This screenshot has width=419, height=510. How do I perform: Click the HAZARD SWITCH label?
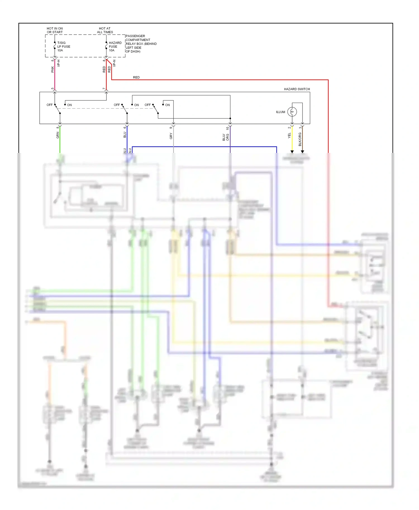[x=297, y=89]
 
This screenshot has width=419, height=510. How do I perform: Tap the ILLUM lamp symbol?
[x=292, y=112]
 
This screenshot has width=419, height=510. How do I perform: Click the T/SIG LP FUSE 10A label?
[x=64, y=47]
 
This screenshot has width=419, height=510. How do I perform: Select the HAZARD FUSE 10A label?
[x=115, y=47]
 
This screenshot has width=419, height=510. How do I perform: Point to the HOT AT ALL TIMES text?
[x=105, y=30]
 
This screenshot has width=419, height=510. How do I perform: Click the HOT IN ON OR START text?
[x=55, y=30]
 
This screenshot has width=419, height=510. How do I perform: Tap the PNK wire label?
[x=53, y=69]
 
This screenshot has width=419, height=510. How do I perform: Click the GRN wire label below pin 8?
[x=58, y=135]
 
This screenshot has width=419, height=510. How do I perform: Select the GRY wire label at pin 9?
[x=171, y=136]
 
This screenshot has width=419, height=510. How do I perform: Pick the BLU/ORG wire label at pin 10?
[x=225, y=137]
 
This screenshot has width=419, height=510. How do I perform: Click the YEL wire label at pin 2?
[x=289, y=136]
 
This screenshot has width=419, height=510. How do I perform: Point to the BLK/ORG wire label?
[x=300, y=139]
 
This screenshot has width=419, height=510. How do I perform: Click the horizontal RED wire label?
[x=136, y=77]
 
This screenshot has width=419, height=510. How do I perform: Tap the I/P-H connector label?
[x=59, y=63]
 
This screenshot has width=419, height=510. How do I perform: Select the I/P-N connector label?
[x=114, y=63]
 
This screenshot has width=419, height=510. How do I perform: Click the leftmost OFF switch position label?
[x=49, y=105]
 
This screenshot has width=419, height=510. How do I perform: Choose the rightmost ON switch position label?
[x=167, y=105]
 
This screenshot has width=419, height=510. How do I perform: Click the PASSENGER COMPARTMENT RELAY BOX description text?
[x=141, y=44]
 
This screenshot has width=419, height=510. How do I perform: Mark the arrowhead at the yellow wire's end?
[x=292, y=151]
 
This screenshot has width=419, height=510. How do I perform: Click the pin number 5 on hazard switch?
[x=53, y=89]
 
